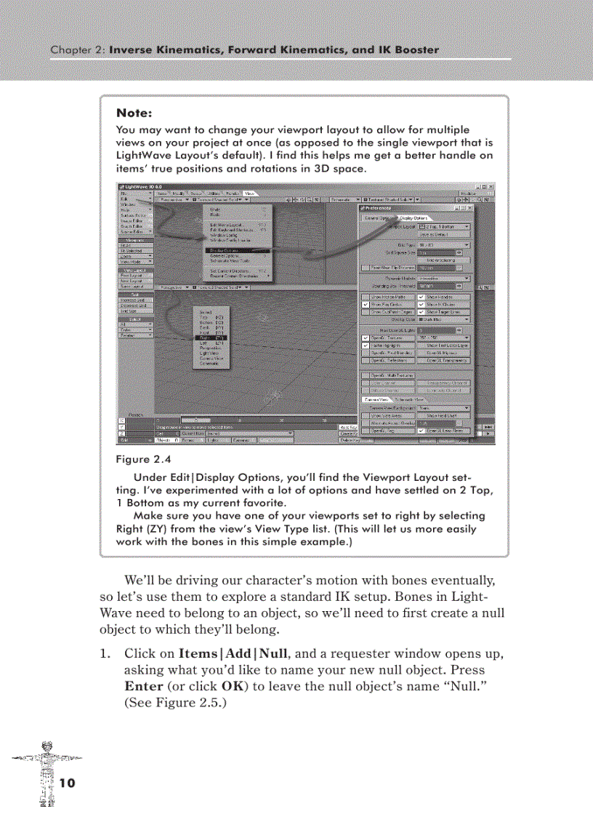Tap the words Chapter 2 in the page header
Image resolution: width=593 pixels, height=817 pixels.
[77, 50]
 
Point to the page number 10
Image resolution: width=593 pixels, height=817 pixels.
[67, 783]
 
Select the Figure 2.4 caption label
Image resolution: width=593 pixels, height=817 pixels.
[142, 459]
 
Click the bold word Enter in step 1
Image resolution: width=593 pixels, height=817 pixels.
[143, 685]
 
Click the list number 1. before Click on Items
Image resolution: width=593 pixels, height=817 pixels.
[104, 653]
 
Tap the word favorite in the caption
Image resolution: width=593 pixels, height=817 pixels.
[265, 503]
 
